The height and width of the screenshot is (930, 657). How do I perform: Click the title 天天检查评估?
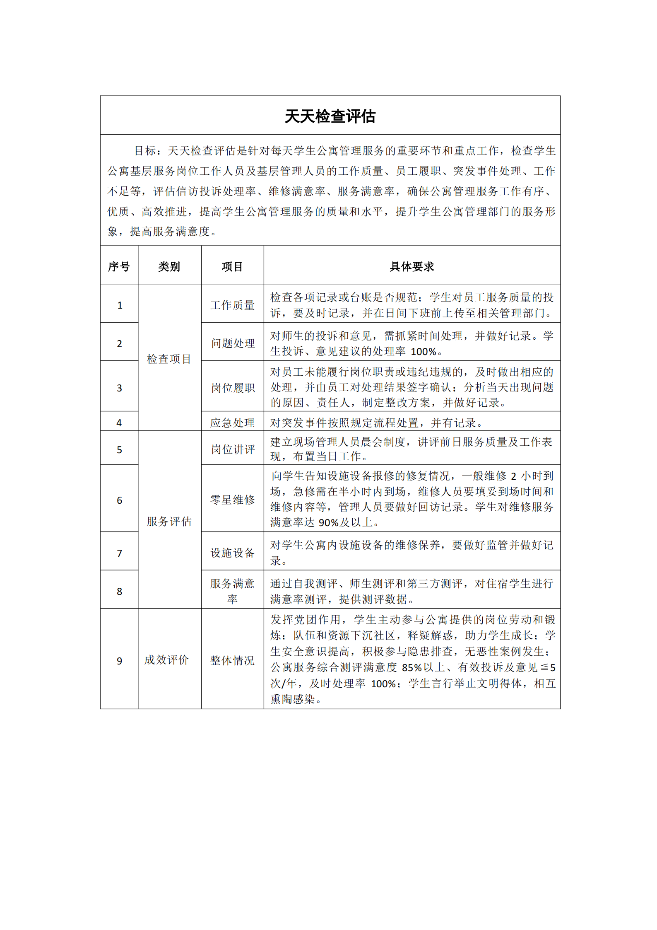(330, 116)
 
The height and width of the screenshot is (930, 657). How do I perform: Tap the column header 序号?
(119, 266)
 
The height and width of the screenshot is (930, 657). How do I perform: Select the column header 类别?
(169, 266)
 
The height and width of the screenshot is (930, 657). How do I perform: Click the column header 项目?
(232, 266)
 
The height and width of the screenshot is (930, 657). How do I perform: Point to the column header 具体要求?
(412, 266)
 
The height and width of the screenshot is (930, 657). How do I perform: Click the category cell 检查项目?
(169, 359)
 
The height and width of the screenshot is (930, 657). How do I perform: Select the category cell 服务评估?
(169, 521)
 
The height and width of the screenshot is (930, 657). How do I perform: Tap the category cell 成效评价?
(166, 659)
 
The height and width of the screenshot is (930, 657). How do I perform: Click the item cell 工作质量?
(232, 305)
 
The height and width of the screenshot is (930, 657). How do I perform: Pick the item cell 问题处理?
(233, 343)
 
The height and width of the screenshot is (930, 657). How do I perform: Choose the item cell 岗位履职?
(233, 388)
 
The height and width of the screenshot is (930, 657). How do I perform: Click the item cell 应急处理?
(232, 423)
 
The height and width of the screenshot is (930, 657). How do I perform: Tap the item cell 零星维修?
(232, 500)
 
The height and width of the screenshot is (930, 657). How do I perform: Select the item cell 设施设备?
(232, 553)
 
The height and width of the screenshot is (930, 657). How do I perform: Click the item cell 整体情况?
(232, 660)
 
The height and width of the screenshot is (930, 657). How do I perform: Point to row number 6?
(119, 500)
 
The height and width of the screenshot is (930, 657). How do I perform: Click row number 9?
(119, 661)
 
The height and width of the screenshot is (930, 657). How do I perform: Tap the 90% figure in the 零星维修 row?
(329, 523)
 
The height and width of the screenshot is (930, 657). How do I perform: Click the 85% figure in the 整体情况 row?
(412, 667)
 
